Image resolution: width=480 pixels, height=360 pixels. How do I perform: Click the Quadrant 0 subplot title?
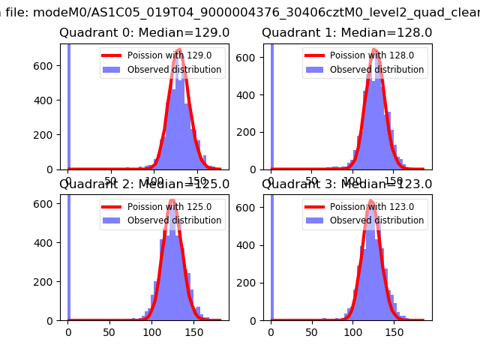144,33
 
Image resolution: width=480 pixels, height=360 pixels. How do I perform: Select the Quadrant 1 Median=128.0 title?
346,33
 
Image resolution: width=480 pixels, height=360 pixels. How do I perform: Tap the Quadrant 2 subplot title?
144,184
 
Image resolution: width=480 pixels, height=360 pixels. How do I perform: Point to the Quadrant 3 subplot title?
346,184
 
